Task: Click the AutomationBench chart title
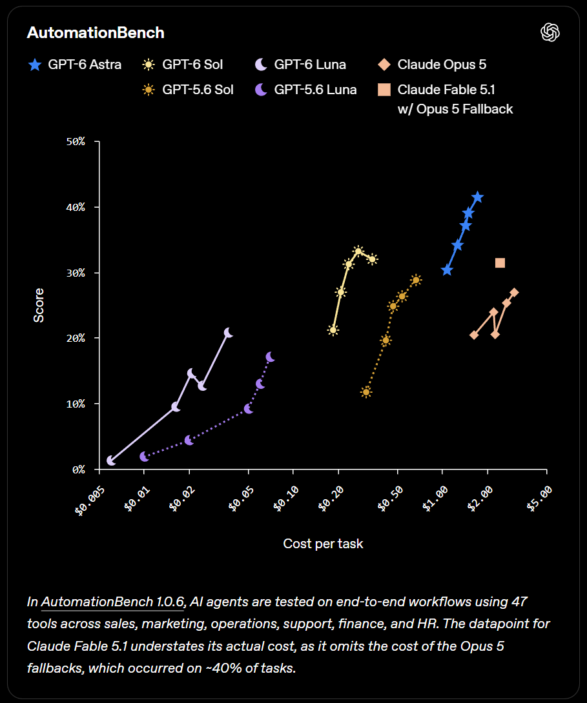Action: pos(96,33)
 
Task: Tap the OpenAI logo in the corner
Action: pos(550,32)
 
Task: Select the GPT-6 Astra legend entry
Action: pos(74,64)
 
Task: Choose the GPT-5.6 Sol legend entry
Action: pos(187,90)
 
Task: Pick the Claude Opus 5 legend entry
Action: pos(432,64)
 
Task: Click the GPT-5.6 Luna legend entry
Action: pos(305,90)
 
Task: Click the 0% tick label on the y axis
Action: pos(79,470)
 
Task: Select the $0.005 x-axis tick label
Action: pos(90,500)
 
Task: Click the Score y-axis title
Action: pos(39,305)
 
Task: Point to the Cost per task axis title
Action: pos(323,544)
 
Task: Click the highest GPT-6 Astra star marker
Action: pos(477,197)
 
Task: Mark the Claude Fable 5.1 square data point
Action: pos(500,262)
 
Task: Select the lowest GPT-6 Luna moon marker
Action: pos(111,460)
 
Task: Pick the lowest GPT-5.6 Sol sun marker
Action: pos(366,392)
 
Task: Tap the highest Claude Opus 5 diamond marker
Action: pos(514,292)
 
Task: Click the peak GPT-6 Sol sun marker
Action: pos(358,251)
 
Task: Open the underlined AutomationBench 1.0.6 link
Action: pos(112,602)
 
